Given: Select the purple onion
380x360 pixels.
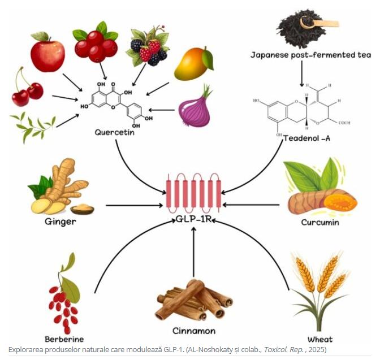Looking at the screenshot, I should click(x=195, y=109).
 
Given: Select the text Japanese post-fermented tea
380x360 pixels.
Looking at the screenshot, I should click(x=310, y=55).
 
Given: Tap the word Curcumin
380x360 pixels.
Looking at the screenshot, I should click(x=319, y=222).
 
